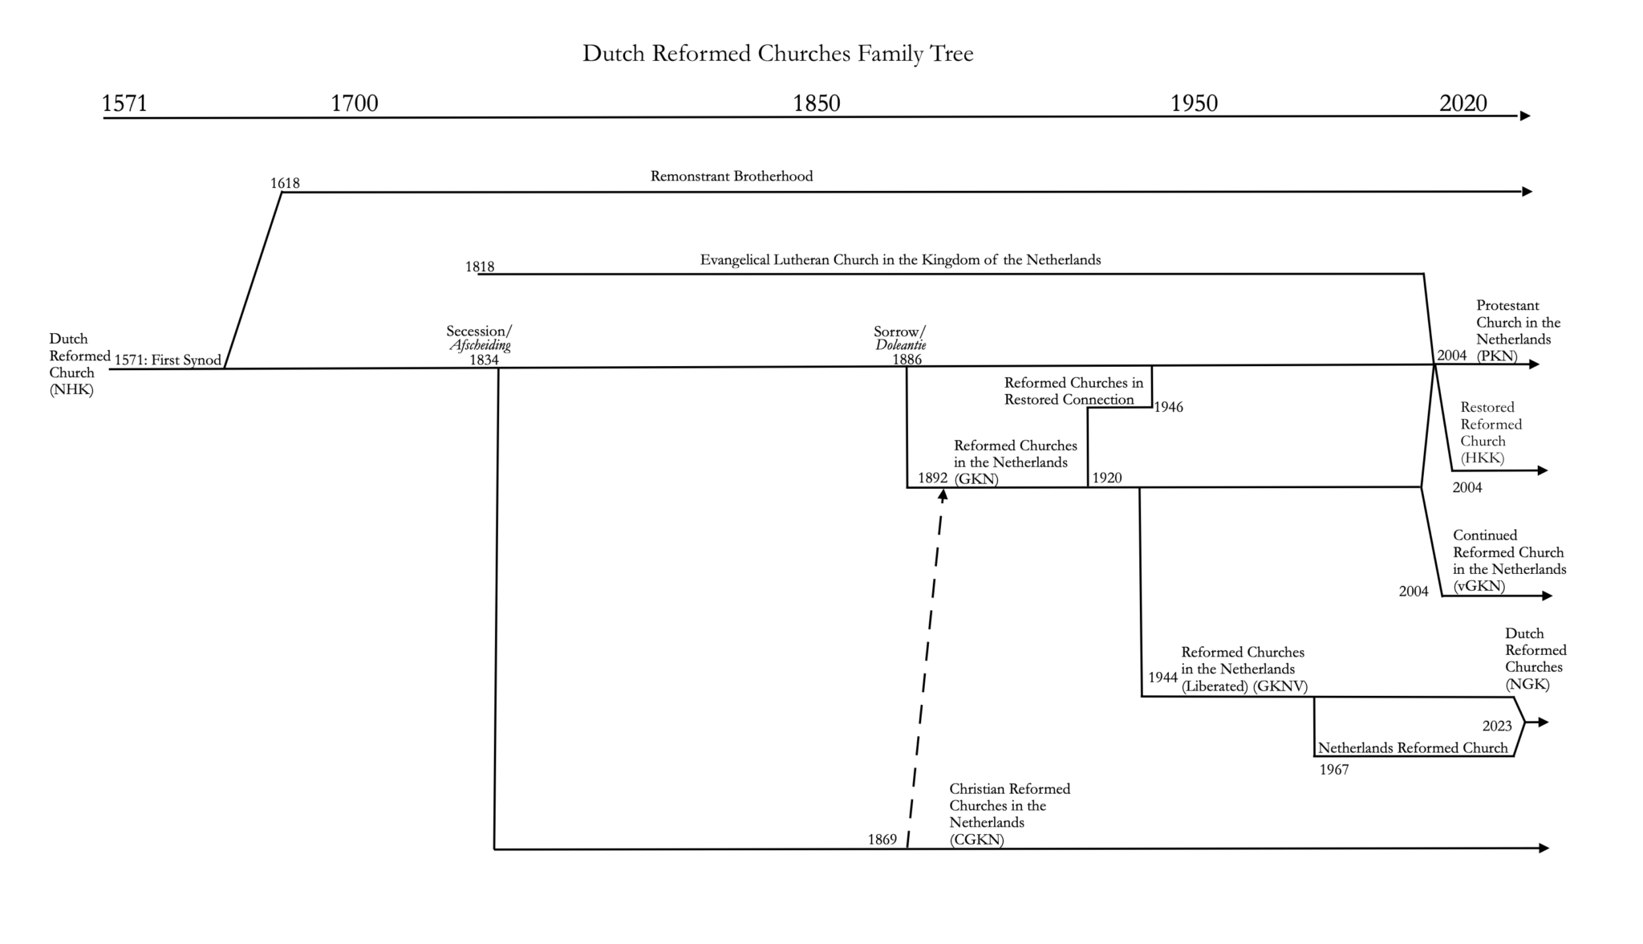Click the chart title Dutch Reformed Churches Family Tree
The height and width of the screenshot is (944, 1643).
click(777, 54)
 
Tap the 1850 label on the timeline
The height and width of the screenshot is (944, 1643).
click(817, 104)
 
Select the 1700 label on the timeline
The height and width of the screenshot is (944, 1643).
click(355, 104)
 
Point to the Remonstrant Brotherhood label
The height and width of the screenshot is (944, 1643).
click(731, 177)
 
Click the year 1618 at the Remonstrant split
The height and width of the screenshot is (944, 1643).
click(285, 184)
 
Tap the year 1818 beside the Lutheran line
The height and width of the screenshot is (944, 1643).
click(480, 267)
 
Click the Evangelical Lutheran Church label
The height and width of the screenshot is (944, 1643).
click(900, 260)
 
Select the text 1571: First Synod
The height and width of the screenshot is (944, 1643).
click(168, 360)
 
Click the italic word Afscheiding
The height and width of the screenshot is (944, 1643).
click(480, 346)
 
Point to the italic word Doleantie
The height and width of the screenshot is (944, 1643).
click(900, 346)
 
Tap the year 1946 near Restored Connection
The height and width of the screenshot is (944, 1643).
click(1168, 408)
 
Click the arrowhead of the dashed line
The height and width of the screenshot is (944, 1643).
click(943, 495)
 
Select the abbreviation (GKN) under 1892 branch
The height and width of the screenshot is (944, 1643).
click(976, 480)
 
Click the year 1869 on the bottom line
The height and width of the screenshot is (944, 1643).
click(882, 840)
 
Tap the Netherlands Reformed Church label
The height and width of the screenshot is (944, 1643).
click(1413, 748)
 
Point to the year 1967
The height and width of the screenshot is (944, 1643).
click(1334, 771)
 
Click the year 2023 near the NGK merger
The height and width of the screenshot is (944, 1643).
click(1497, 726)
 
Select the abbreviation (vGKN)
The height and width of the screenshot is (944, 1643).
click(1479, 587)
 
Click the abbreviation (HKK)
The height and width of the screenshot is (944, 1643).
click(1482, 458)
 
